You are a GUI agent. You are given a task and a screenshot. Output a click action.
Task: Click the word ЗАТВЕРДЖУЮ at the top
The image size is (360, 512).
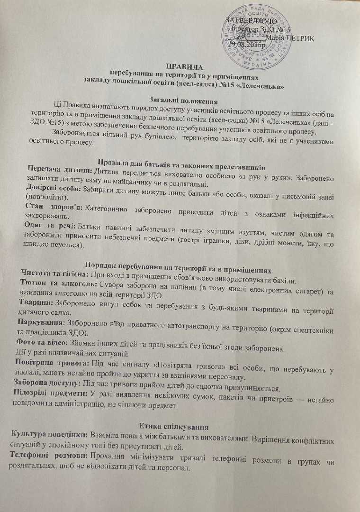(251, 21)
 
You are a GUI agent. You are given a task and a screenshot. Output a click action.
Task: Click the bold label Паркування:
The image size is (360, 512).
(43, 321)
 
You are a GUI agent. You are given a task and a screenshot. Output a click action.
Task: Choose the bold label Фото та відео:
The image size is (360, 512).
(46, 340)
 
